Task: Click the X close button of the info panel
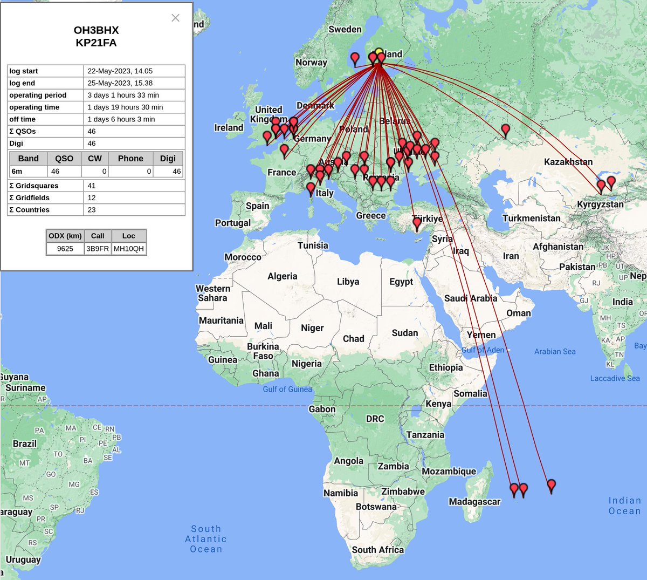(x=175, y=18)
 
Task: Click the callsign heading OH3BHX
(x=96, y=30)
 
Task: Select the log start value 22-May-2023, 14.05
(x=120, y=71)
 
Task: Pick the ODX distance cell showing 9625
(x=65, y=249)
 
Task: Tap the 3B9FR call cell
(x=98, y=249)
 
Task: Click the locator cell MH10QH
(x=128, y=249)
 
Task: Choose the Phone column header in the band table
(x=130, y=159)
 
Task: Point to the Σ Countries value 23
(x=92, y=210)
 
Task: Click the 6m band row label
(x=17, y=172)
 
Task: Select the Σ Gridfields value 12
(x=92, y=198)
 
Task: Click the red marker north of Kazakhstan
(x=505, y=131)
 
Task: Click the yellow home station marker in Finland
(x=379, y=53)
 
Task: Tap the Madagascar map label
(x=474, y=502)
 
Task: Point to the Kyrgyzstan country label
(x=600, y=204)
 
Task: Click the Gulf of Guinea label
(x=287, y=389)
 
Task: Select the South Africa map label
(x=377, y=550)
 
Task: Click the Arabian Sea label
(x=555, y=352)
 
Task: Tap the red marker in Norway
(x=355, y=58)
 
